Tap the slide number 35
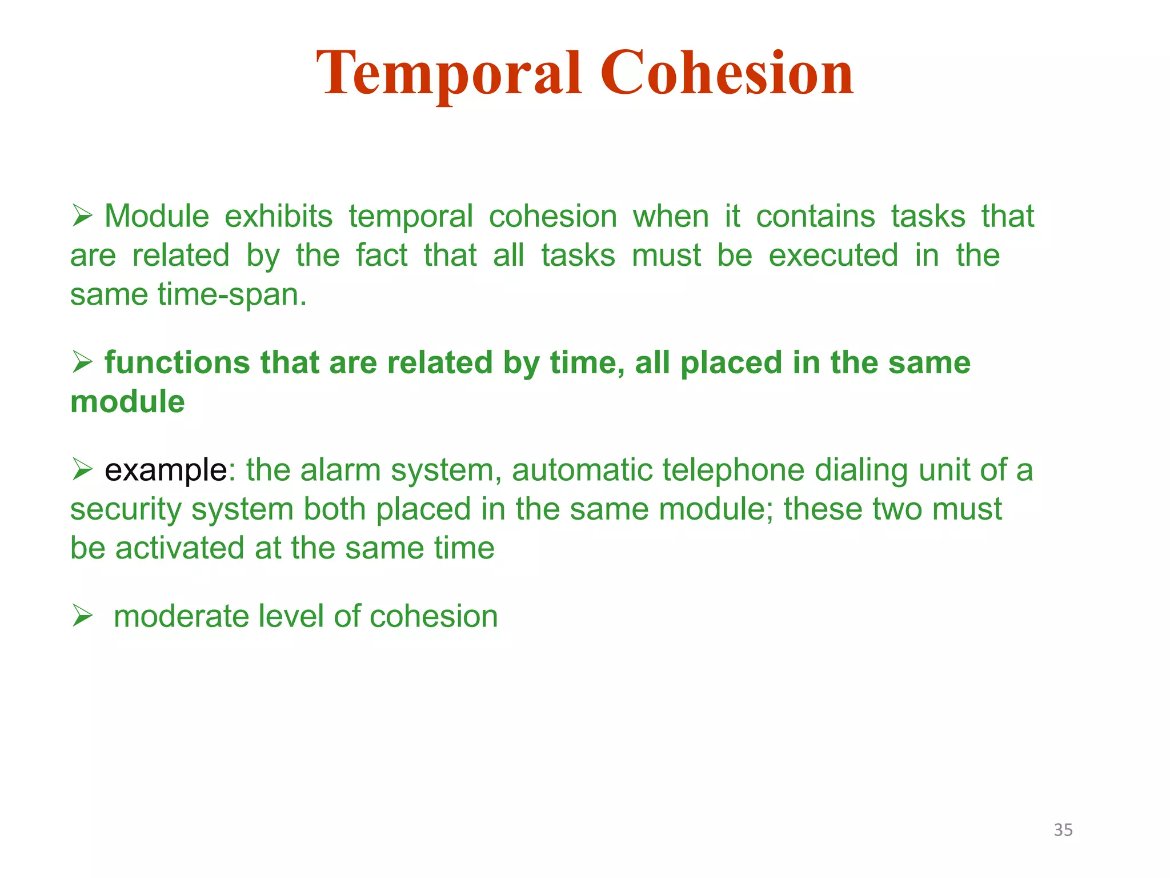[1063, 829]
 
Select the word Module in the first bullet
[157, 217]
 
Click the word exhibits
[278, 217]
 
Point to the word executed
[833, 256]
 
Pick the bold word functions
[177, 363]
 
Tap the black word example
[166, 470]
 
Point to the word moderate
[181, 617]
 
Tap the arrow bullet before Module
[82, 217]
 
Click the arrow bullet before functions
[82, 362]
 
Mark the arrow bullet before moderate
[82, 616]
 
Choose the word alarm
[340, 470]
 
